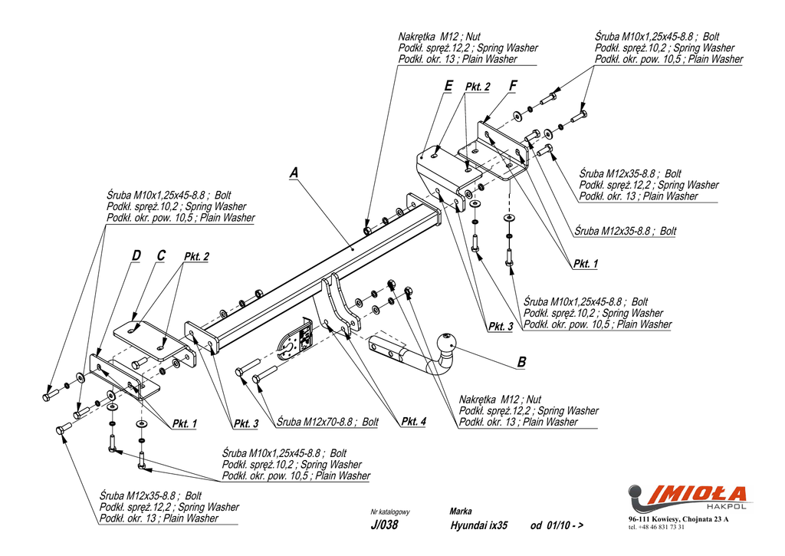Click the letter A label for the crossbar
point(294,174)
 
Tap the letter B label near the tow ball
point(521,362)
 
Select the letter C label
point(161,255)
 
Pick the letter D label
point(136,255)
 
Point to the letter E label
point(448,86)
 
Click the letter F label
point(513,86)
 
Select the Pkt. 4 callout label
point(413,421)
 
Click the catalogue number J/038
point(383,526)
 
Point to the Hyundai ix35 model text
point(479,526)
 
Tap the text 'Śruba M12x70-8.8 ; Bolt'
point(328,422)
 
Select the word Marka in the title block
point(461,511)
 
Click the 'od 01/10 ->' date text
point(556,526)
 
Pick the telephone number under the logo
point(656,528)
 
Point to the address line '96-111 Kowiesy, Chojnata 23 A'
point(678,520)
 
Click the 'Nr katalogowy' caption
point(390,512)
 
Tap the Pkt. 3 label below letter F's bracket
point(501,327)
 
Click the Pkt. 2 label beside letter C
point(196,256)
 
